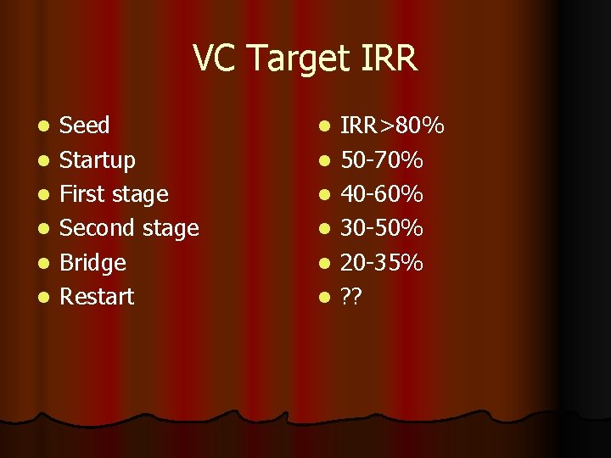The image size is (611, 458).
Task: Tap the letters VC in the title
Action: [x=212, y=59]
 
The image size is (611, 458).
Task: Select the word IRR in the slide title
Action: [x=388, y=59]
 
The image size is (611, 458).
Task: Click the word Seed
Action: [x=85, y=126]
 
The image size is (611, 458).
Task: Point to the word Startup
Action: [x=98, y=160]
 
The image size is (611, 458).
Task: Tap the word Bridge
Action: [x=93, y=263]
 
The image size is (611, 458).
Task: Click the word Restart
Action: [x=98, y=297]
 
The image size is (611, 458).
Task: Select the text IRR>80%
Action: [x=392, y=126]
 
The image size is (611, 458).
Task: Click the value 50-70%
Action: [x=382, y=160]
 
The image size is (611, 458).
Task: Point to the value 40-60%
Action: [x=382, y=194]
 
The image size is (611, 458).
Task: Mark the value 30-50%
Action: [x=382, y=228]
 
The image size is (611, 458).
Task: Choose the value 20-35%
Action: [x=382, y=263]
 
